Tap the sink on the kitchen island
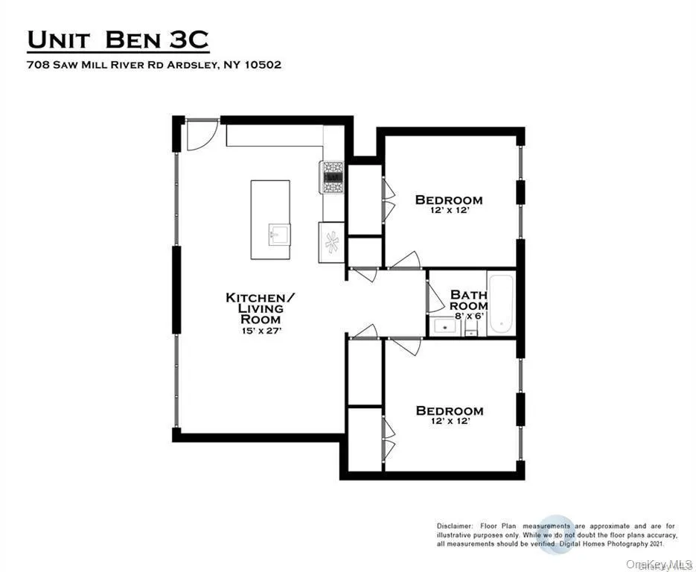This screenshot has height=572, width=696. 273,235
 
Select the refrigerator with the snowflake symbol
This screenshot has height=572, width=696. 332,242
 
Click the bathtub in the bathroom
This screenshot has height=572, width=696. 500,303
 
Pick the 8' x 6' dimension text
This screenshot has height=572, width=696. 469,316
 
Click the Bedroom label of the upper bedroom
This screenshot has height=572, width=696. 449,200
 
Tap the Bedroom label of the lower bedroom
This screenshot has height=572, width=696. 449,410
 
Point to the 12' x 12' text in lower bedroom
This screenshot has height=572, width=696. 449,422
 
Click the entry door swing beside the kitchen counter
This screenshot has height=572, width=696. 199,134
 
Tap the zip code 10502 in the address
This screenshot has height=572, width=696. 261,65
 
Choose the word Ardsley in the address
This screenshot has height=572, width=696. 197,65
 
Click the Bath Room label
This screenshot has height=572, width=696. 469,300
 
